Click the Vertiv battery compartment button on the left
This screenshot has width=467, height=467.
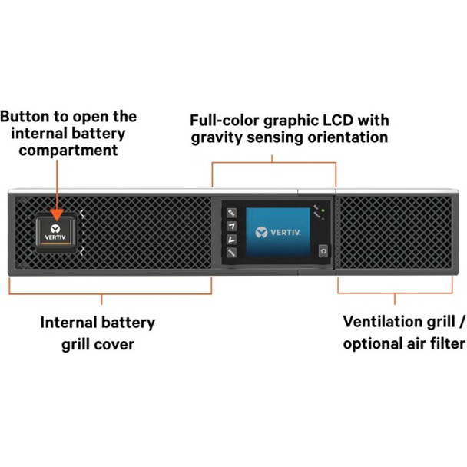[57, 232]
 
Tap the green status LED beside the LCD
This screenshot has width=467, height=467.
[325, 210]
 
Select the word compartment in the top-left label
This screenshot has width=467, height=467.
[68, 151]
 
